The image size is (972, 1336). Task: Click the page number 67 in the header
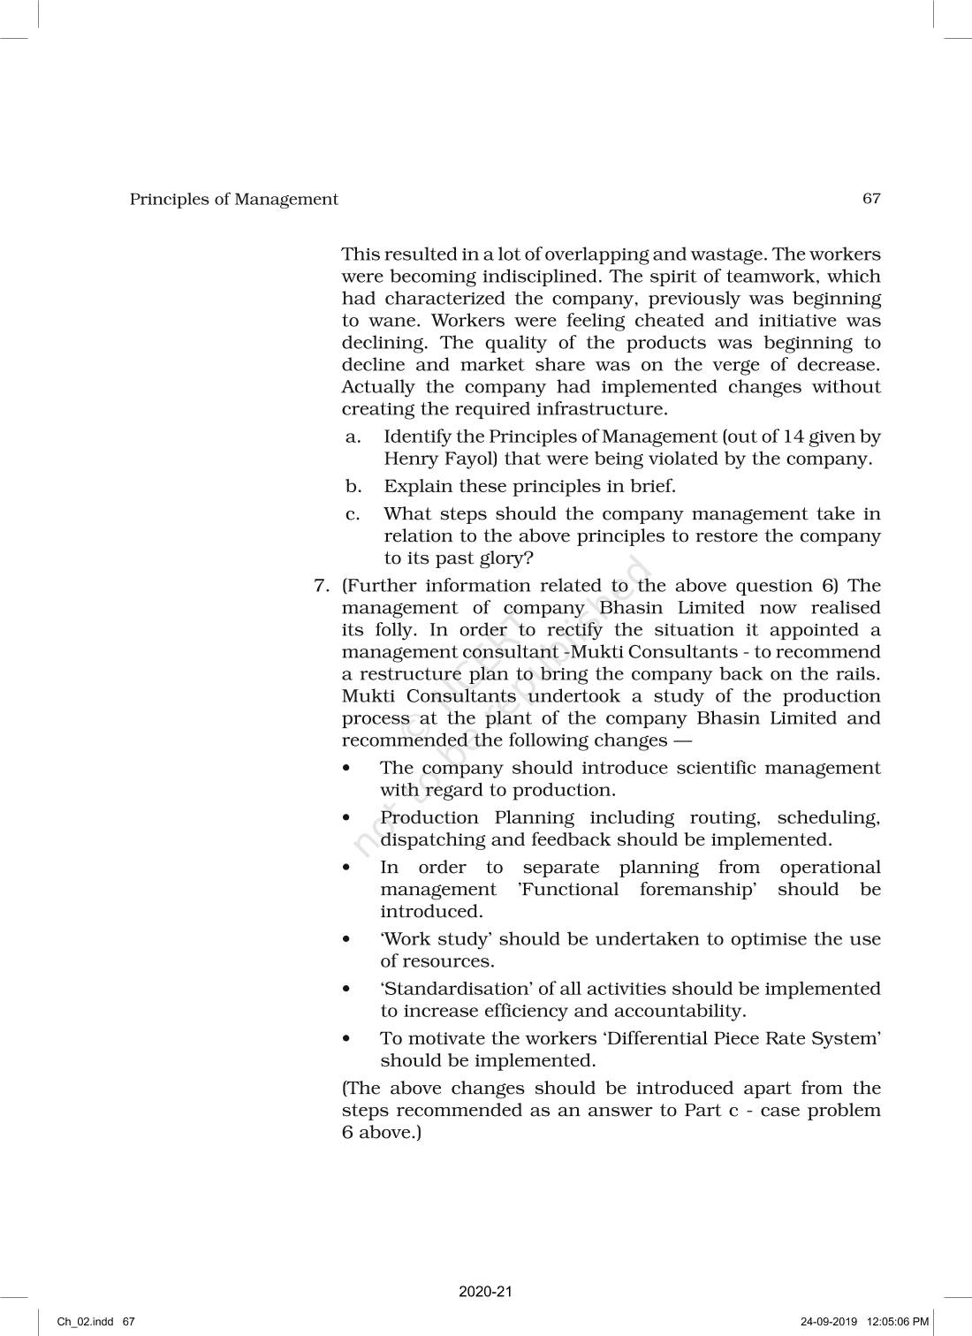pyautogui.click(x=871, y=198)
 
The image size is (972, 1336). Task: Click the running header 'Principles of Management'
pyautogui.click(x=233, y=199)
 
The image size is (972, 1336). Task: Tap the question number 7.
pyautogui.click(x=322, y=586)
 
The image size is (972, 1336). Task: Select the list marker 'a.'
pyautogui.click(x=353, y=436)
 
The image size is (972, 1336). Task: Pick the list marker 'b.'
pyautogui.click(x=353, y=486)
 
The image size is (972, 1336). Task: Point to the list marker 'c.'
pyautogui.click(x=353, y=513)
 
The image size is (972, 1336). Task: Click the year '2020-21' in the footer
pyautogui.click(x=485, y=1291)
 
